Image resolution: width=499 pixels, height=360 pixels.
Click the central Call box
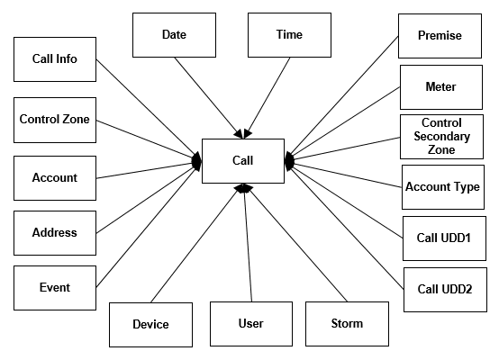coord(243,161)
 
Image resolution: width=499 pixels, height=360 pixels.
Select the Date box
coord(174,35)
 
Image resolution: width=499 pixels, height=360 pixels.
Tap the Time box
coord(289,35)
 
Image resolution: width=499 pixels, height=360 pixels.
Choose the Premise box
coord(440,36)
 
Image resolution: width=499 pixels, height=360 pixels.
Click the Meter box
coord(440,87)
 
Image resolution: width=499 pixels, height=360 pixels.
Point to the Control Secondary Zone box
coord(441,137)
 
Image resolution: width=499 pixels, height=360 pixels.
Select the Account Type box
coord(442,187)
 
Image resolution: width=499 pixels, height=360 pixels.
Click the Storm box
coord(347,324)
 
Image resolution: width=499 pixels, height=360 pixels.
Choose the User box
coord(251,324)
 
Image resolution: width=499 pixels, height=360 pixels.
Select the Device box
coord(150,325)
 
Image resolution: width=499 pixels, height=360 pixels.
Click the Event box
coord(55,288)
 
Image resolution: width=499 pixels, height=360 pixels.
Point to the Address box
coord(55,232)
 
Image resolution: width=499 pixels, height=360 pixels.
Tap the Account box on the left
coord(55,178)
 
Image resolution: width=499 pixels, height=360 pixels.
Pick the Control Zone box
coord(55,119)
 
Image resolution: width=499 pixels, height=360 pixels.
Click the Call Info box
coord(55,59)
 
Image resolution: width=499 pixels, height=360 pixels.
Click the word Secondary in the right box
coord(441,137)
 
